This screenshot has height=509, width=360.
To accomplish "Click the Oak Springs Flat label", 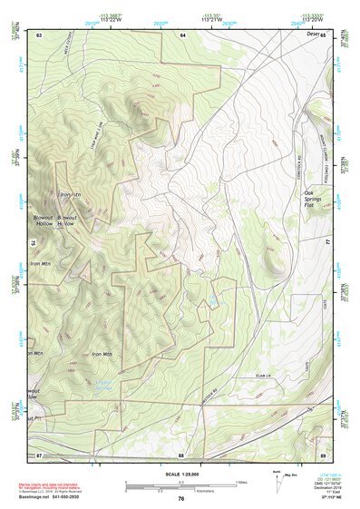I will click(315, 199).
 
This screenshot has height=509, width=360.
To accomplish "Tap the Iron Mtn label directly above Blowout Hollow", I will click(70, 195).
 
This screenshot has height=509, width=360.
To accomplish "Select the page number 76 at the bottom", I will click(181, 499).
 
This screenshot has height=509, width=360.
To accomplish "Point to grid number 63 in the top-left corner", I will click(40, 34).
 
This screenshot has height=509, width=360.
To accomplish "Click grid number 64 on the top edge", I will click(182, 34).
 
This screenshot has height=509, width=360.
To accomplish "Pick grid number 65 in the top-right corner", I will click(323, 34).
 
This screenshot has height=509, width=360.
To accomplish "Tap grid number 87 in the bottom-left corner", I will click(40, 453).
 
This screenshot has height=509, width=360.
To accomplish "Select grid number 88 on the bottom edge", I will click(181, 453).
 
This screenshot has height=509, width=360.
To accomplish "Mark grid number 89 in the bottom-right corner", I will click(322, 453).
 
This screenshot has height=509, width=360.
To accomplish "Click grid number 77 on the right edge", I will click(327, 243).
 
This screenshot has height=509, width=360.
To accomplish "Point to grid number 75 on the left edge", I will click(34, 243).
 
